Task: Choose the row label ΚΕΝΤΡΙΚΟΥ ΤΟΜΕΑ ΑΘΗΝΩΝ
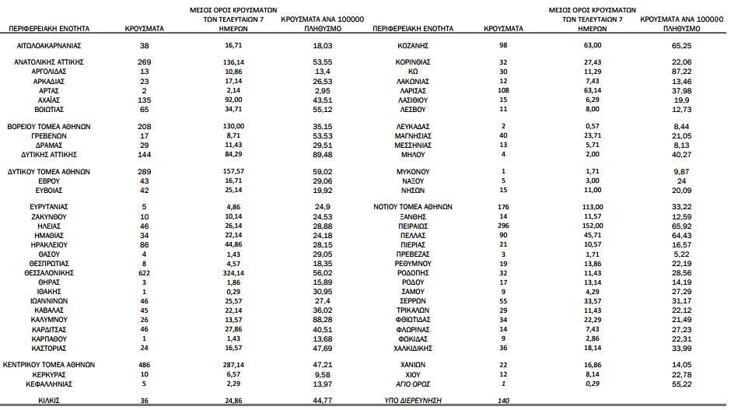pos(49,363)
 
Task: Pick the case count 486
pos(144,363)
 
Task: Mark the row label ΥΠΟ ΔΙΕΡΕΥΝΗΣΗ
pos(413,399)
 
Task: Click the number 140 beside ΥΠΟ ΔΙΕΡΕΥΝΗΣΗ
pos(503,399)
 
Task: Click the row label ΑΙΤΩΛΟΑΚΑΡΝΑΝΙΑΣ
pos(49,46)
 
